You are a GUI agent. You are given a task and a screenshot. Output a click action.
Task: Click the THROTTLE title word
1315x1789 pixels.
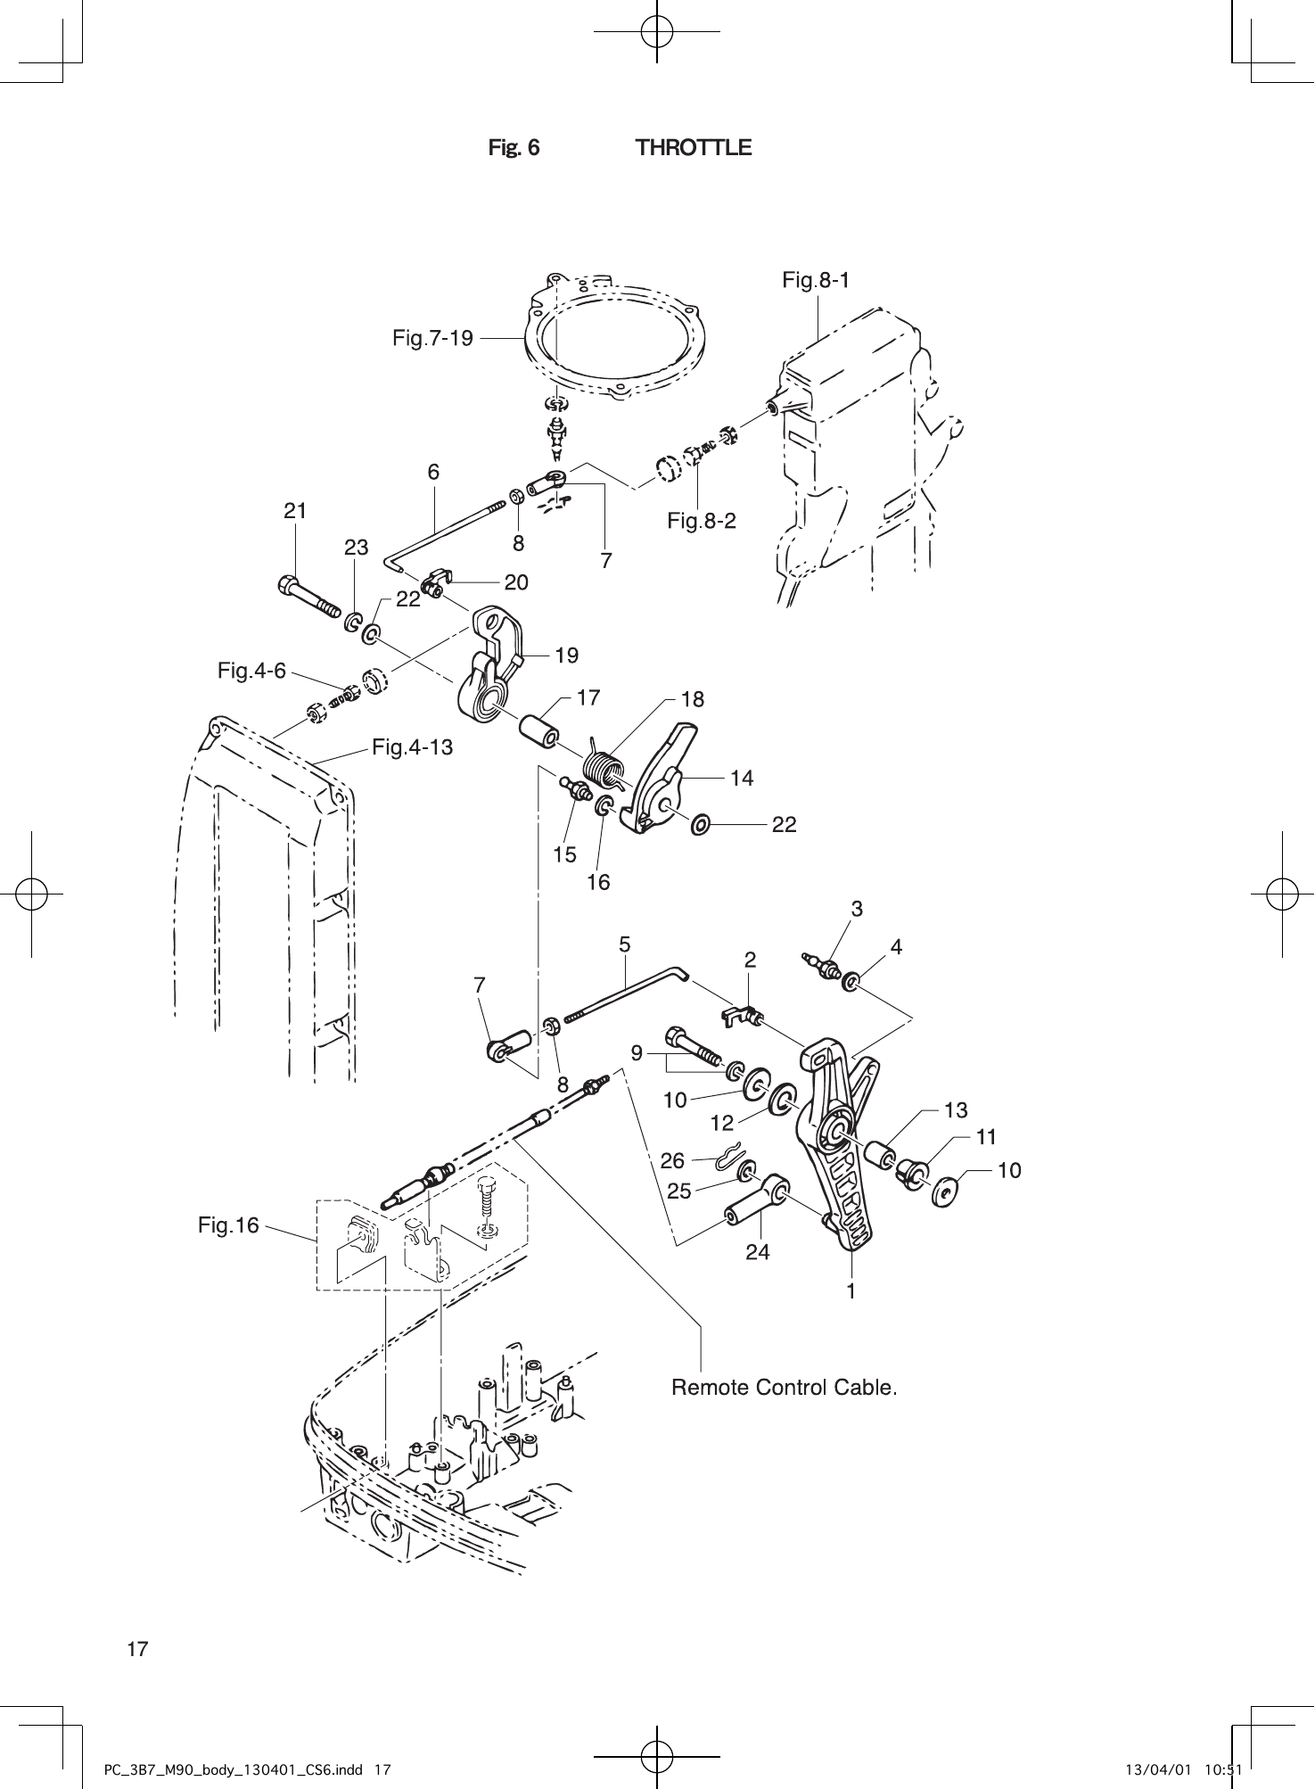(694, 148)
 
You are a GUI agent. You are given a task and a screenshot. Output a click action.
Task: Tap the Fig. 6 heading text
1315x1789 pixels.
(514, 148)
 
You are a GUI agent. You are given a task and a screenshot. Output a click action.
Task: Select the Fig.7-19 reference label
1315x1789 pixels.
(432, 338)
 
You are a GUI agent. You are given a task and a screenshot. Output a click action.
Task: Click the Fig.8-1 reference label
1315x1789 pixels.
(816, 280)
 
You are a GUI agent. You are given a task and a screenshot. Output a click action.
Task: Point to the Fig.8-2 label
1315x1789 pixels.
(702, 521)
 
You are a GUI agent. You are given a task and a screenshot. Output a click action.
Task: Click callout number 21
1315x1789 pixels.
(295, 511)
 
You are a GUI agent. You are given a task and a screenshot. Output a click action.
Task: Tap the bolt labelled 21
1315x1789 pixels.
(308, 597)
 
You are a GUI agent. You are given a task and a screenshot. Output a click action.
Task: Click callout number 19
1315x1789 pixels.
(566, 655)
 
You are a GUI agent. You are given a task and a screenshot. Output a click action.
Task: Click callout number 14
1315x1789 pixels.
(742, 779)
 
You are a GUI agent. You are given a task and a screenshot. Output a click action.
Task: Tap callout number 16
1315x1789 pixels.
(598, 882)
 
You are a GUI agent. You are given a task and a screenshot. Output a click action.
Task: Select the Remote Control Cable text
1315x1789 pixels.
(784, 1388)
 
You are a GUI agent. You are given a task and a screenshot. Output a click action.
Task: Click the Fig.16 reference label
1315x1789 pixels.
(228, 1225)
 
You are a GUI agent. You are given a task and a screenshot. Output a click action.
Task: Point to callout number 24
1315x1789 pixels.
(757, 1252)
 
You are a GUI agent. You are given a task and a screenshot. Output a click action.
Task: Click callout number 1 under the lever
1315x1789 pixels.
(851, 1290)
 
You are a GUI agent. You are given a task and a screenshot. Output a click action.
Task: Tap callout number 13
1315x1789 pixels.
(956, 1110)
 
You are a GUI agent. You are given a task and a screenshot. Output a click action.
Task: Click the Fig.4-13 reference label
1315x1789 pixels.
(412, 747)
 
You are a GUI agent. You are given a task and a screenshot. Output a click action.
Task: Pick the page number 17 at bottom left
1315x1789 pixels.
(137, 1649)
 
